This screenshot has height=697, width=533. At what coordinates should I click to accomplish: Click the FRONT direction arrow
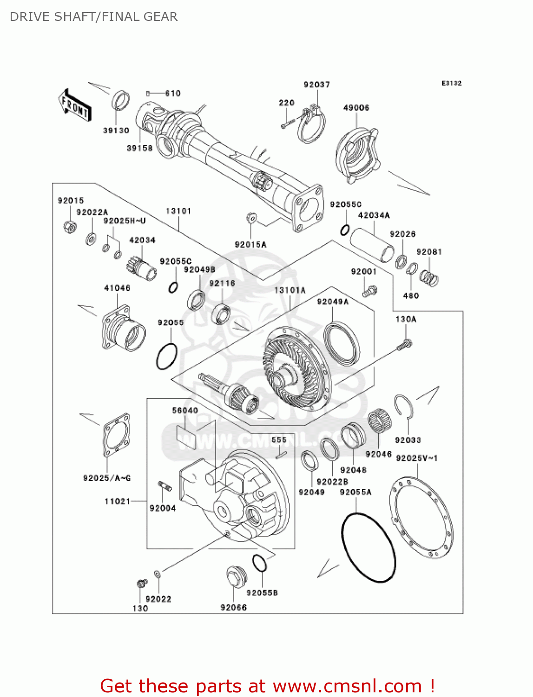pos(74,105)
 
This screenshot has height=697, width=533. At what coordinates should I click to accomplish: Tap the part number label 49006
pos(356,108)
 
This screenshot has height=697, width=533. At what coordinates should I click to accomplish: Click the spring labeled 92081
pos(429,277)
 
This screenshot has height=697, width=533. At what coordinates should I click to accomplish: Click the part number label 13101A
pos(290,290)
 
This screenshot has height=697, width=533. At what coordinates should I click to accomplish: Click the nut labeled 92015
pos(69,226)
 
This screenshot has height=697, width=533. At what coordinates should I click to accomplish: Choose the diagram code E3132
pos(451,83)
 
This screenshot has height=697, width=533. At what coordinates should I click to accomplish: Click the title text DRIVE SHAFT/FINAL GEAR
pos(93,17)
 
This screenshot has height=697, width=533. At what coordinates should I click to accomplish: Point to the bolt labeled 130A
pos(404,345)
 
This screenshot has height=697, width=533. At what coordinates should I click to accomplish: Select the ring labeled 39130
pos(121,101)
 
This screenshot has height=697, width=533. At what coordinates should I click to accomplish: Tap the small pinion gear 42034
pos(141,269)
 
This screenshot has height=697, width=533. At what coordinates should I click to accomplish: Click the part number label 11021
pos(117,501)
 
